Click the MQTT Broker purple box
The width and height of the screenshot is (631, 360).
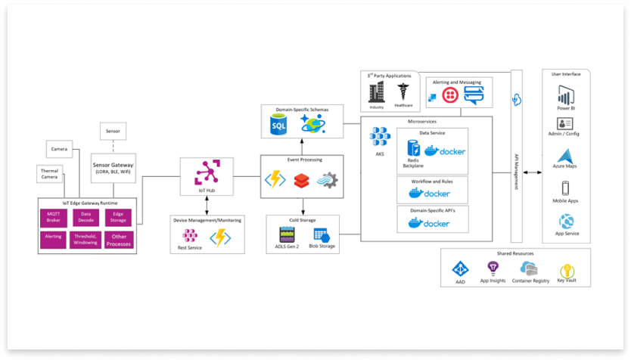click(54, 217)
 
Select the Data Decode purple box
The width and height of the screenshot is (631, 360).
click(86, 217)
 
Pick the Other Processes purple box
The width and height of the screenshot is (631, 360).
click(119, 241)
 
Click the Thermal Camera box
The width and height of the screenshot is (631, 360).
click(50, 175)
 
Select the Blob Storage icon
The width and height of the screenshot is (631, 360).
click(320, 234)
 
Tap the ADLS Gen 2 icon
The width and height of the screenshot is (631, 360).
click(287, 234)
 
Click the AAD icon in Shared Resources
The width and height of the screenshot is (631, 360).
click(460, 269)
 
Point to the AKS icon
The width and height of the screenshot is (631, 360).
click(379, 136)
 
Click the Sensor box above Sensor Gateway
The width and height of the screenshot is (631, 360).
click(113, 131)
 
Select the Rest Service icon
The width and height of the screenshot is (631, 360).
click(190, 236)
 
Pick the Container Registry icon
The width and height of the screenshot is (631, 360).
click(529, 270)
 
